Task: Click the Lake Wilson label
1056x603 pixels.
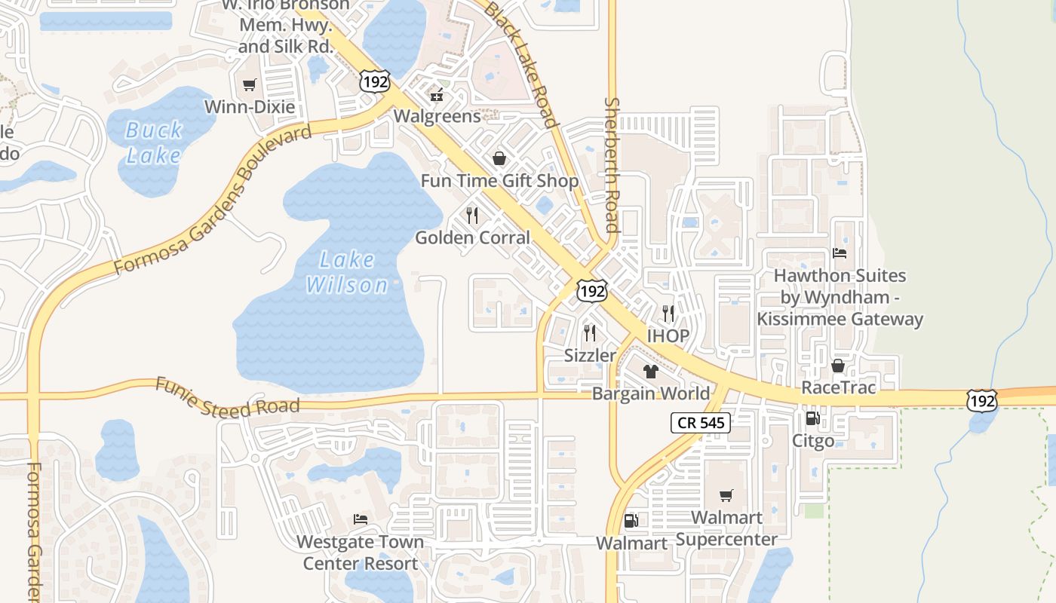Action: coord(346,272)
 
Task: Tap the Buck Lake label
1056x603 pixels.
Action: coord(153,142)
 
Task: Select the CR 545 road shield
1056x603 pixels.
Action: coord(701,423)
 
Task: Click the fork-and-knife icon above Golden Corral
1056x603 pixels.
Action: coord(472,216)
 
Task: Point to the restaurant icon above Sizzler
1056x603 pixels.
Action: coord(590,332)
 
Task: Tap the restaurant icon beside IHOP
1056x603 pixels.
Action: coord(668,313)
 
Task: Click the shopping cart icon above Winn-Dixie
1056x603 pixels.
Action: coord(250,85)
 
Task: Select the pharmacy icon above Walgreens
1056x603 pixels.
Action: coord(436,94)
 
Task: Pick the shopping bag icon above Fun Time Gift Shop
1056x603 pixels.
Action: coord(499,158)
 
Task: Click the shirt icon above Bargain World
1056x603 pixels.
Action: coord(650,371)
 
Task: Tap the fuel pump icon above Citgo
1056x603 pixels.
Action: coord(812,418)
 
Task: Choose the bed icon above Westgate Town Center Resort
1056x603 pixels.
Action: coord(360,519)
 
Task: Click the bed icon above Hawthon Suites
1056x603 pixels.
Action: coord(840,253)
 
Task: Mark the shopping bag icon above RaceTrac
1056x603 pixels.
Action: coord(837,366)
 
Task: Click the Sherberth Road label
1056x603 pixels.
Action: coord(612,165)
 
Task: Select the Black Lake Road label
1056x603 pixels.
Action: coord(520,64)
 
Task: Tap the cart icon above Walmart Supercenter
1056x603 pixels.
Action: coord(726,495)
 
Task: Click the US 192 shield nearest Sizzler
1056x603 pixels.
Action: coord(591,291)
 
